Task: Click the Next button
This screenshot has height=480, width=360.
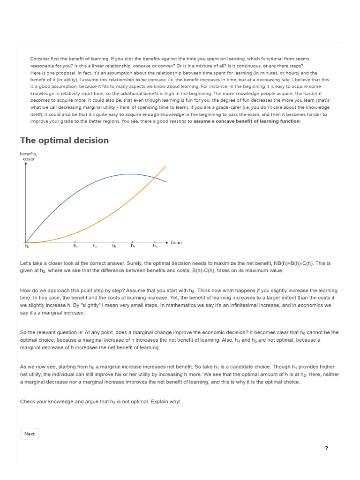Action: (x=30, y=434)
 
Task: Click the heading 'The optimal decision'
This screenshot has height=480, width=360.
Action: (x=64, y=140)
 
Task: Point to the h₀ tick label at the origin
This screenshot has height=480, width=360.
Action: (x=26, y=246)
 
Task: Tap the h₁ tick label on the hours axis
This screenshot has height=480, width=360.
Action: (x=75, y=246)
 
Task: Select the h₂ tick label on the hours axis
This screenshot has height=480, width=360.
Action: (x=95, y=246)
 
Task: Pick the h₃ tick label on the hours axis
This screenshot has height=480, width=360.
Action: (x=114, y=246)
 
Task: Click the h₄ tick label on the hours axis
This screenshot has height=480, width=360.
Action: (x=133, y=246)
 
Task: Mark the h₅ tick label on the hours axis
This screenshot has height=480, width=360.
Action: (x=155, y=246)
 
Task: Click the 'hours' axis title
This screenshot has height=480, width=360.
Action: (x=177, y=242)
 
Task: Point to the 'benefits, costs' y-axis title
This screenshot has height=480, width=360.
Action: (x=28, y=156)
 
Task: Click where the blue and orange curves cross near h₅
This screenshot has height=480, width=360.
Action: (x=155, y=177)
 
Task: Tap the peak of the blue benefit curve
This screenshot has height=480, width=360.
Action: (x=131, y=174)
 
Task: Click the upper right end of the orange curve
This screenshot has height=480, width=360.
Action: (x=165, y=166)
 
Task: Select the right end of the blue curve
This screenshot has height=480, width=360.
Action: (x=165, y=181)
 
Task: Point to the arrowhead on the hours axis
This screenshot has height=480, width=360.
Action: (x=167, y=242)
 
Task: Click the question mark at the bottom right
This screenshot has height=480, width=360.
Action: (x=326, y=448)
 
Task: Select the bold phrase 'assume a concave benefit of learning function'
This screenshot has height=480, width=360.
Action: (x=246, y=121)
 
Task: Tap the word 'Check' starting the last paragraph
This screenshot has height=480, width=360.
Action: (x=28, y=402)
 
